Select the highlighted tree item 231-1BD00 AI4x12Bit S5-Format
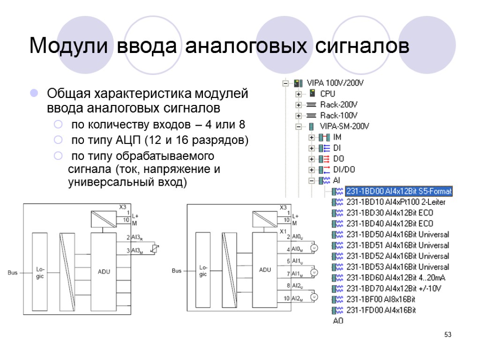coord(398,191)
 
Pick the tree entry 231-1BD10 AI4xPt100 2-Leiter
coord(396,202)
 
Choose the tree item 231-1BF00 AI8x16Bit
coord(381,299)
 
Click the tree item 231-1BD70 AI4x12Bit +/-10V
coord(394,288)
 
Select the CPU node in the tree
coord(328,94)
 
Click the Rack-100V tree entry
coord(339,115)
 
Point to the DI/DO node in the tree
coord(344,170)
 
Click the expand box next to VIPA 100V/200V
coord(285,83)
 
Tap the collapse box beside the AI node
coord(311,180)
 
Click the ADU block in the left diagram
coord(104,272)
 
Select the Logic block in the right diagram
coord(203,272)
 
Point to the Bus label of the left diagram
coord(12,272)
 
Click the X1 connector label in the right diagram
coord(283,232)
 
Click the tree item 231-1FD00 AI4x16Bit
coord(381,310)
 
